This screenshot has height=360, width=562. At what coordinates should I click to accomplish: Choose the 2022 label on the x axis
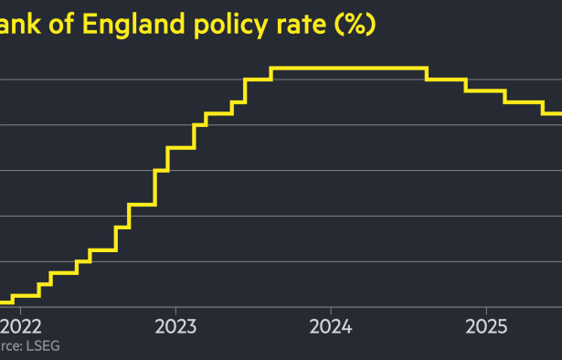[x=21, y=327]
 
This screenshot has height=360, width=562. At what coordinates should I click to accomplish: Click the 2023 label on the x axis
[x=175, y=327]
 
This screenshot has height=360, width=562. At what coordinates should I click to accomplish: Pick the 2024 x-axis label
[x=331, y=327]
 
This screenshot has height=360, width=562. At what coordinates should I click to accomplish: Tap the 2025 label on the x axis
[x=486, y=327]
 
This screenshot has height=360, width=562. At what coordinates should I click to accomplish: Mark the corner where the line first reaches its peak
[x=272, y=68]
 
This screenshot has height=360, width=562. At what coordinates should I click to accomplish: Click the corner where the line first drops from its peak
[x=427, y=68]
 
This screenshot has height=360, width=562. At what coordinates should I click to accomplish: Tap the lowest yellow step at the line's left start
[x=5, y=301]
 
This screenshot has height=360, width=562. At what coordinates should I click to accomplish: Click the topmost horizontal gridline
[x=137, y=79]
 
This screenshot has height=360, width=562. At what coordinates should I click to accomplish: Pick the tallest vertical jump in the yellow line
[x=154, y=187]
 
